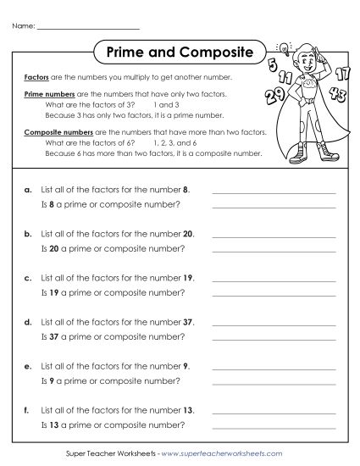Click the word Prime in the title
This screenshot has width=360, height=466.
127,53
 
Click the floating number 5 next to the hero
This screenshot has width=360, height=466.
271,65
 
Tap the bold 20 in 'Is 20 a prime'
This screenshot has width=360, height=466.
58,245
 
